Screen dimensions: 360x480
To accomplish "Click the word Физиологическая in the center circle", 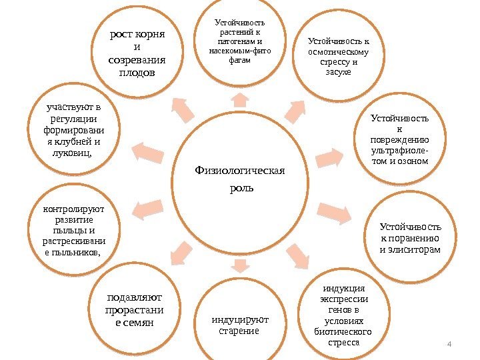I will (x=239, y=170).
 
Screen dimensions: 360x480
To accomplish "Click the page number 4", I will (x=449, y=343).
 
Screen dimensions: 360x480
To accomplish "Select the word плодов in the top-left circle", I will (x=137, y=72).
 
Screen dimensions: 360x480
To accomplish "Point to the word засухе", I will (x=338, y=71).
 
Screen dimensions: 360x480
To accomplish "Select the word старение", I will (x=239, y=331).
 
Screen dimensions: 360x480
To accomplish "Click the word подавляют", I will (x=135, y=297).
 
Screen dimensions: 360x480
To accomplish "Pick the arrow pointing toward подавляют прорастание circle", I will (x=181, y=251).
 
